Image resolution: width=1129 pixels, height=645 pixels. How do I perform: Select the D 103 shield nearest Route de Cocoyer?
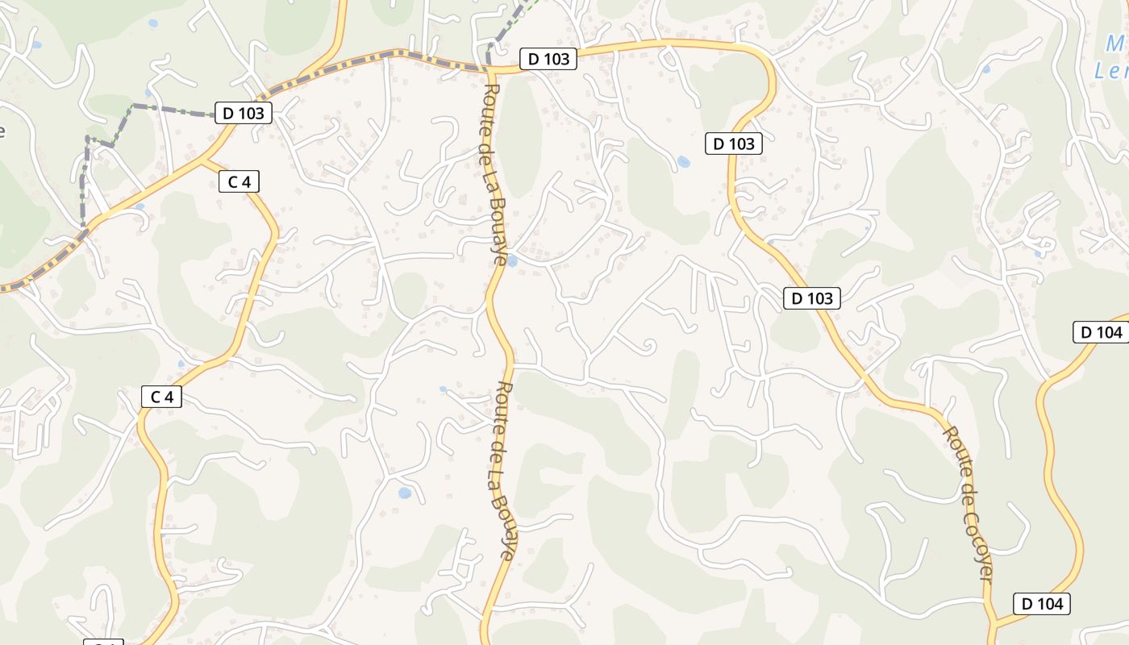click(x=812, y=298)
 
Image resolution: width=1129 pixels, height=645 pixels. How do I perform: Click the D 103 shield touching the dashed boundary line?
click(x=243, y=113)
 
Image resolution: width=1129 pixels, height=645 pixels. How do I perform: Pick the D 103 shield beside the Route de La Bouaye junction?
click(x=548, y=59)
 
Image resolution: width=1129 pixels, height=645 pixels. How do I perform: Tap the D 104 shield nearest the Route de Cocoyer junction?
click(x=1042, y=603)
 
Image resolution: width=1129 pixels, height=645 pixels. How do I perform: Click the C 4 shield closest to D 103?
click(x=240, y=181)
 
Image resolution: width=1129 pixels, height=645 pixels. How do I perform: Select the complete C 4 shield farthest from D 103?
click(x=162, y=396)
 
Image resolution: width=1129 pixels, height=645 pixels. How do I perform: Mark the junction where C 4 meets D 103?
click(x=203, y=160)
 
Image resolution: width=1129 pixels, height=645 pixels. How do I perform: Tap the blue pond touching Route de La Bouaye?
click(x=511, y=260)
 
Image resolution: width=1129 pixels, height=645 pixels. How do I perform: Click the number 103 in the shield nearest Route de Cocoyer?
click(x=819, y=298)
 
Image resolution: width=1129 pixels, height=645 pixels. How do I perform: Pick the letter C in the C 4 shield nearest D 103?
click(x=232, y=181)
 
